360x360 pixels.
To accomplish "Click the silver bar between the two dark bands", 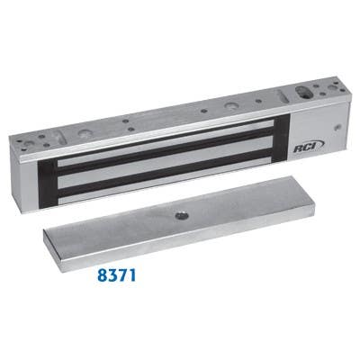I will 166,167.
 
